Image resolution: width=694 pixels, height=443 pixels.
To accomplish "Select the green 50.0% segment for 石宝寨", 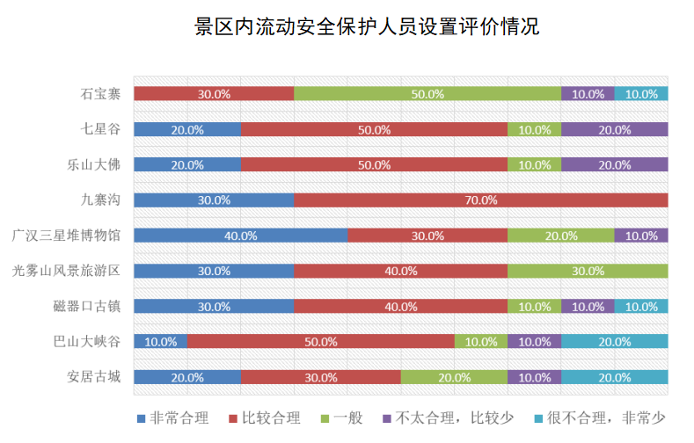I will [427, 94].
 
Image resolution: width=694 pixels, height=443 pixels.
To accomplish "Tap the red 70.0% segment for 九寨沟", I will [480, 200].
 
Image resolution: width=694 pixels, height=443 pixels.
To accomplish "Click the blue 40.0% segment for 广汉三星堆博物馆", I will [240, 236].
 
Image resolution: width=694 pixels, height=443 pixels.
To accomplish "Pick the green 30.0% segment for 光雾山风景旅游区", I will [588, 271].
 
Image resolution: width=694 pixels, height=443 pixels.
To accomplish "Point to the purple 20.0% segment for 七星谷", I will [614, 129].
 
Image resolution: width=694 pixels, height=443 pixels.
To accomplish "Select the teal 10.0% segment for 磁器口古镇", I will [641, 306].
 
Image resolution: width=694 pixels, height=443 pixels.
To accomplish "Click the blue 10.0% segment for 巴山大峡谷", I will [160, 342].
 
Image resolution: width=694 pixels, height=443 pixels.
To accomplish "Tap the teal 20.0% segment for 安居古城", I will [614, 377].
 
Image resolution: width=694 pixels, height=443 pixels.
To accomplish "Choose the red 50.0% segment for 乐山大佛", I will [374, 164].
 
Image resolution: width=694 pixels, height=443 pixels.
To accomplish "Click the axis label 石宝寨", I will [100, 94].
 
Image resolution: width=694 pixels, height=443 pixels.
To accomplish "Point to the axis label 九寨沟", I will [100, 200].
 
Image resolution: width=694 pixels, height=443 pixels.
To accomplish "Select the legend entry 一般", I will [347, 418].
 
